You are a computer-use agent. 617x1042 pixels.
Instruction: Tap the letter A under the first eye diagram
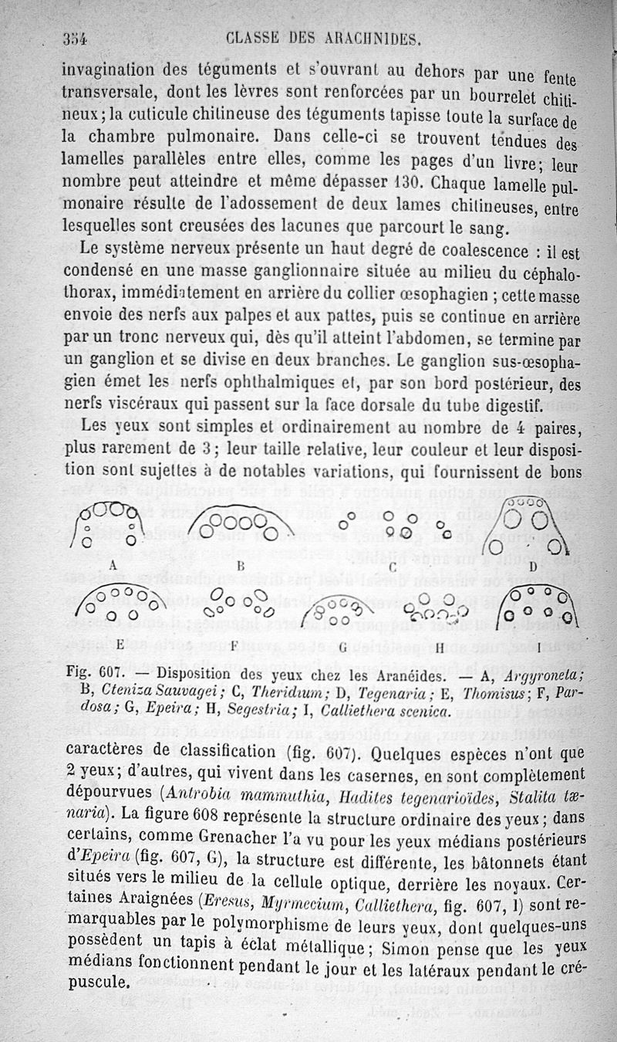(x=113, y=564)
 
